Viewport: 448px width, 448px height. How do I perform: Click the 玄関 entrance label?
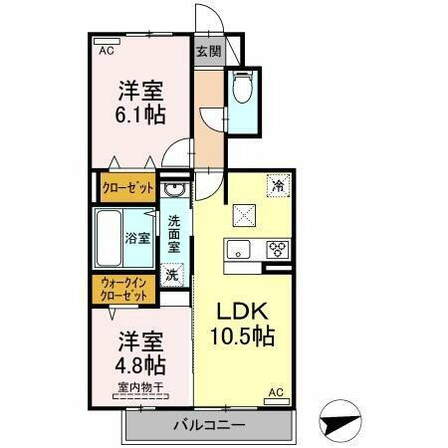pos(208,53)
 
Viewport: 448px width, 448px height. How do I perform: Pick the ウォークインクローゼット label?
pos(123,290)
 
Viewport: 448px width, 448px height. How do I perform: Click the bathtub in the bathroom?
pos(110,237)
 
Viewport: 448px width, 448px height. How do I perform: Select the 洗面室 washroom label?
pos(174,232)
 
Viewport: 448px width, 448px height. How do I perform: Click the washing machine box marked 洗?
pos(172,274)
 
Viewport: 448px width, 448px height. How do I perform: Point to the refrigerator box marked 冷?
pos(278,185)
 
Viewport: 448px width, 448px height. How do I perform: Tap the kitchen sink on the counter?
pos(240,250)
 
